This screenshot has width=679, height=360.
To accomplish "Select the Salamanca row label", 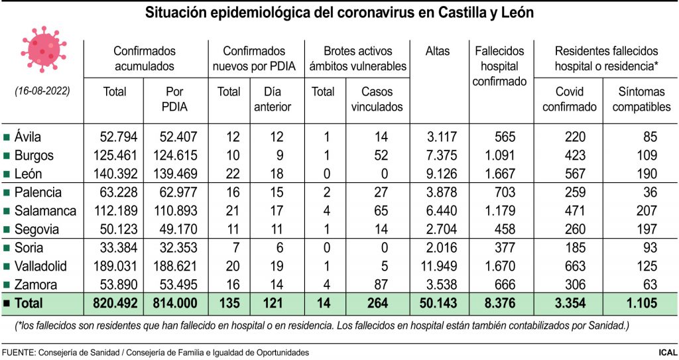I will [x=40, y=211].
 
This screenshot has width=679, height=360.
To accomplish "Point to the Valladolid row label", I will [x=40, y=267].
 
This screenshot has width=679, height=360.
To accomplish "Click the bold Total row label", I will [x=25, y=304].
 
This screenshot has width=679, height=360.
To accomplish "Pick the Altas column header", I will [x=438, y=51].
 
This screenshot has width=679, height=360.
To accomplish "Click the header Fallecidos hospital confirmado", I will [x=500, y=66].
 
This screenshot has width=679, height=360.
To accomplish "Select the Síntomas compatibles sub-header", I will [x=641, y=99].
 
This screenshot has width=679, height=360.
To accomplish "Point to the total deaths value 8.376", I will [x=509, y=304].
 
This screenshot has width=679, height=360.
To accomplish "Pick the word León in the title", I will [x=516, y=13].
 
